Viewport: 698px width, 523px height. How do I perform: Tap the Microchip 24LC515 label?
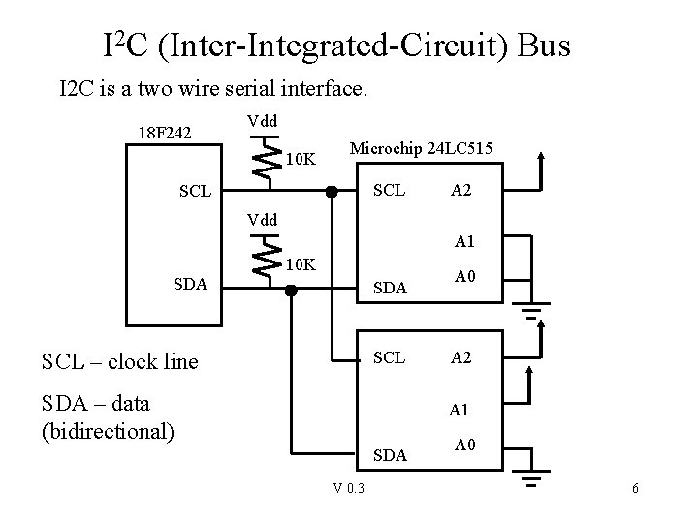421,148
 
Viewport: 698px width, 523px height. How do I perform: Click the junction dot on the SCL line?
332,191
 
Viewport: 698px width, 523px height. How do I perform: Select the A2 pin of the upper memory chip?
461,191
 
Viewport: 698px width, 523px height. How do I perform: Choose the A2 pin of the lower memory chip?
461,357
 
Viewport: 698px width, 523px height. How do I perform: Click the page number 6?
635,489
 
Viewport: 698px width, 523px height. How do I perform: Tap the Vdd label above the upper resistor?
262,121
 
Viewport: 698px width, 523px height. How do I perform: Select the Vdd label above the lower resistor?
262,220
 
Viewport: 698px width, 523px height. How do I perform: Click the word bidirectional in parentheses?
107,430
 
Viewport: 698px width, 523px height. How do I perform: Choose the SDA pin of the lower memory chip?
390,454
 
